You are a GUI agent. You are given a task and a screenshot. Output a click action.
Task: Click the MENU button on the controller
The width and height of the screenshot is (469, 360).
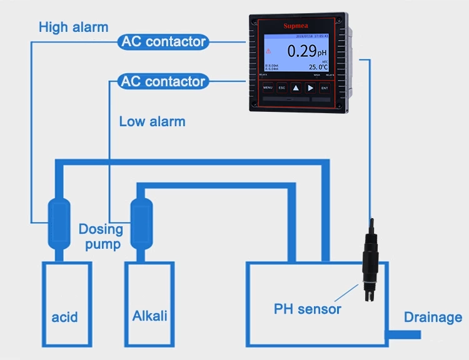pyautogui.click(x=268, y=88)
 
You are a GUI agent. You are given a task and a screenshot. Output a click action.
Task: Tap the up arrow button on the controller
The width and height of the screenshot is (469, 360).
pyautogui.click(x=296, y=88)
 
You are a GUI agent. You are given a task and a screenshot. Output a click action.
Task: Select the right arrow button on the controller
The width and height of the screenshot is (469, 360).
pyautogui.click(x=310, y=88)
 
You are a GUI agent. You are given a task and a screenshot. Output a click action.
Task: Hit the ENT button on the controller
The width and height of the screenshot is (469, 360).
pyautogui.click(x=325, y=88)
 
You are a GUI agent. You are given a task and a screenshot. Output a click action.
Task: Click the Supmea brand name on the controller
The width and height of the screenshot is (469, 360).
pyautogui.click(x=297, y=26)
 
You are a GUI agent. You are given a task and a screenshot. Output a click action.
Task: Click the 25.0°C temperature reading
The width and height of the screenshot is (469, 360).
pyautogui.click(x=318, y=66)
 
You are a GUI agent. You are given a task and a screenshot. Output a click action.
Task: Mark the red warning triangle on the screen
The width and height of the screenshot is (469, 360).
pyautogui.click(x=269, y=51)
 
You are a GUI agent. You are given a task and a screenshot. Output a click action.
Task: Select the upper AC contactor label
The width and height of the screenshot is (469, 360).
pyautogui.click(x=163, y=42)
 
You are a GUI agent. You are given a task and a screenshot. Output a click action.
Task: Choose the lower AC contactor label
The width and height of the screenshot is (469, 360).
pyautogui.click(x=163, y=81)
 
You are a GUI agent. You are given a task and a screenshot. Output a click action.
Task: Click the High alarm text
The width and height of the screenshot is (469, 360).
pyautogui.click(x=73, y=27)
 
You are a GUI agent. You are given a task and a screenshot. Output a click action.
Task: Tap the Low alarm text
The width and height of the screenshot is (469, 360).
pyautogui.click(x=152, y=121)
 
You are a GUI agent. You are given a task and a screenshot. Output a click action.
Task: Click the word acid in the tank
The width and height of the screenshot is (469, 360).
pyautogui.click(x=65, y=317)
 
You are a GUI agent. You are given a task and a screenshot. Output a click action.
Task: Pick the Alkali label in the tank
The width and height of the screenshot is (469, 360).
pyautogui.click(x=150, y=316)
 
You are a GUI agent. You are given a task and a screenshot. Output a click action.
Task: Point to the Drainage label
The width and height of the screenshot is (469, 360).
pyautogui.click(x=433, y=317)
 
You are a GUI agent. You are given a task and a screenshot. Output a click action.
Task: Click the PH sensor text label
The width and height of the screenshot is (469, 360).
pyautogui.click(x=308, y=309)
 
